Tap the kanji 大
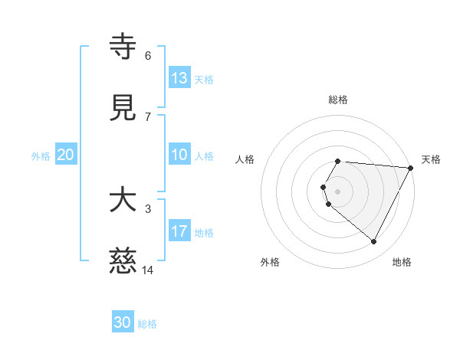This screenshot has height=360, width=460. click(123, 201)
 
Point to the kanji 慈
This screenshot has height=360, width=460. click(123, 262)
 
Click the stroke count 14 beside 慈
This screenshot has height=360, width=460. click(148, 270)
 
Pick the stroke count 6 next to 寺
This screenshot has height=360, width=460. click(148, 55)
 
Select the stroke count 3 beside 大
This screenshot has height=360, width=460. click(148, 208)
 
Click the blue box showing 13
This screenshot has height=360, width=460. click(179, 77)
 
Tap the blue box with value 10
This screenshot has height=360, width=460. click(179, 155)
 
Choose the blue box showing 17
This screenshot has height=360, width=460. click(179, 231)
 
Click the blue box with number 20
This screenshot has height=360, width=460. click(66, 155)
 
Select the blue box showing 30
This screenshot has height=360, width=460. click(123, 322)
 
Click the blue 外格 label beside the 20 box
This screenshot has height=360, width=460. click(41, 155)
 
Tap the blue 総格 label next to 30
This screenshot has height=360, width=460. click(147, 323)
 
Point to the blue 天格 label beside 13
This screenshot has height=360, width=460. click(204, 79)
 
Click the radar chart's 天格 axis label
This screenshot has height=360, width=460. click(432, 159)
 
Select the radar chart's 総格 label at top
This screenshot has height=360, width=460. click(338, 100)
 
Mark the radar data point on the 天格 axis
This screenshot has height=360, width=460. click(411, 168)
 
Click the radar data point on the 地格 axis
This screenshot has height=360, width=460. click(374, 242)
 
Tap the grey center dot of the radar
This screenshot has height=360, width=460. click(338, 191)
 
